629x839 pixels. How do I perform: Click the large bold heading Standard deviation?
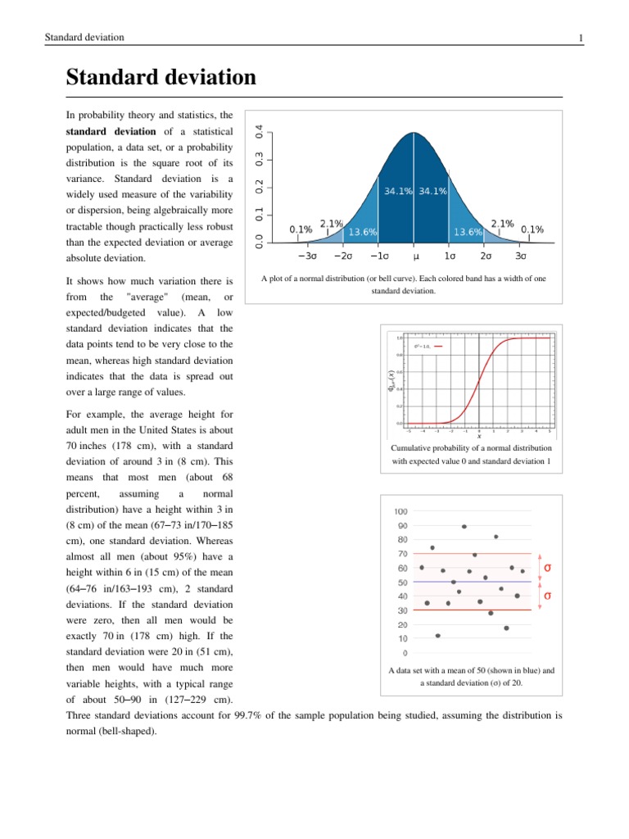pyautogui.click(x=161, y=79)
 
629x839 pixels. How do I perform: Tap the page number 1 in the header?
pyautogui.click(x=580, y=38)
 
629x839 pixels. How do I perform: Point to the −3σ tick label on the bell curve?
pyautogui.click(x=308, y=256)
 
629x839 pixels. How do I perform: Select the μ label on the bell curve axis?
pyautogui.click(x=415, y=256)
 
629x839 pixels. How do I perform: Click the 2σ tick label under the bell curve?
pyautogui.click(x=485, y=256)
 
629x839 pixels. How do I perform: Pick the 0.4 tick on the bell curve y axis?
pyautogui.click(x=260, y=131)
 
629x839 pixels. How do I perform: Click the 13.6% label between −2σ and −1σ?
pyautogui.click(x=363, y=232)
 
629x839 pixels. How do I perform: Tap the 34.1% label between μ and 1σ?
pyautogui.click(x=432, y=192)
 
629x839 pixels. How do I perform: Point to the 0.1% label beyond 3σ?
pyautogui.click(x=532, y=229)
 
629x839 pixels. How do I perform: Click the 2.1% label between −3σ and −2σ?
pyautogui.click(x=331, y=223)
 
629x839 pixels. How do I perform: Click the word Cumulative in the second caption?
pyautogui.click(x=415, y=448)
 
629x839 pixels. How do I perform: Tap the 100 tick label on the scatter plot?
pyautogui.click(x=402, y=512)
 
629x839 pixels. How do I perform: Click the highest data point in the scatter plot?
pyautogui.click(x=464, y=526)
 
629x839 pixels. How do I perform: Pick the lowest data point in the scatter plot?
pyautogui.click(x=437, y=636)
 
